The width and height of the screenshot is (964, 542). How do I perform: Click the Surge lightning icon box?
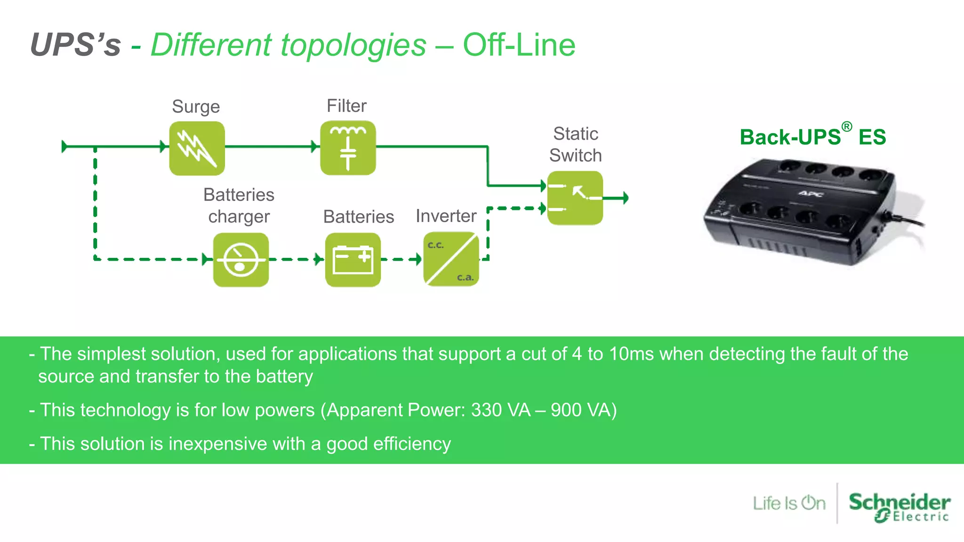(x=197, y=148)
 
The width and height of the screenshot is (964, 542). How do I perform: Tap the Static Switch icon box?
(x=575, y=198)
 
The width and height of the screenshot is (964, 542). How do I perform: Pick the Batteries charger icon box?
(x=241, y=260)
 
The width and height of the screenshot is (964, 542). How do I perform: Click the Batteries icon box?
(x=353, y=260)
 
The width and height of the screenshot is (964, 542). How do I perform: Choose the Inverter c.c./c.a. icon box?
(x=451, y=259)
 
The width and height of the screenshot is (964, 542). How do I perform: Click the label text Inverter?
(x=446, y=216)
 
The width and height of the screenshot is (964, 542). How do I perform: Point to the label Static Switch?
(x=575, y=144)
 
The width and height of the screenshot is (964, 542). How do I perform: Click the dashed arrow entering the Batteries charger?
(x=206, y=259)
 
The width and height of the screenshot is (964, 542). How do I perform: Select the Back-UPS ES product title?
(x=812, y=137)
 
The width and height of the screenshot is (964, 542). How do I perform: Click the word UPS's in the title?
(x=75, y=45)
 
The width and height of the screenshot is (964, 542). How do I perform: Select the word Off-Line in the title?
(x=519, y=45)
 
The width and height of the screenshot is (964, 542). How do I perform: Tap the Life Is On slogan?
(x=789, y=503)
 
